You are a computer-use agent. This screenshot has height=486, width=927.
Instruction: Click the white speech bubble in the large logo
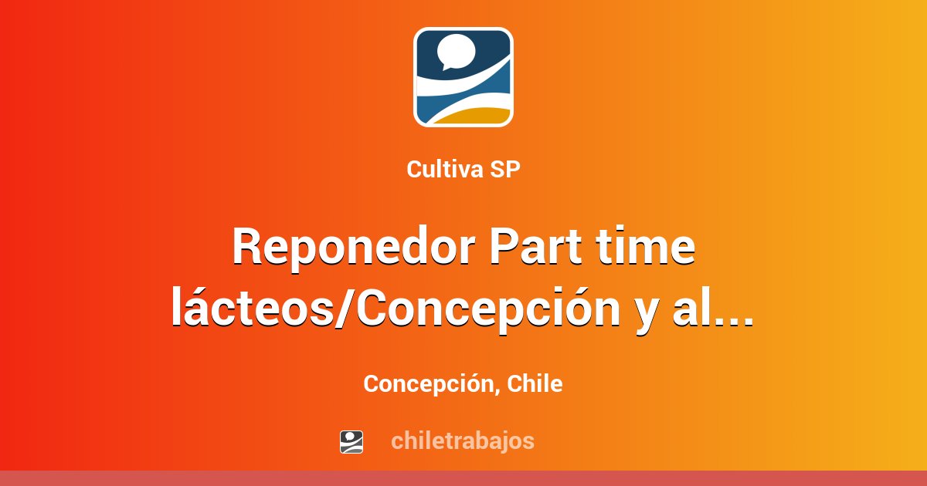tap(457, 51)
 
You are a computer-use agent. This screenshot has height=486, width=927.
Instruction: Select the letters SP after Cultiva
tap(505, 169)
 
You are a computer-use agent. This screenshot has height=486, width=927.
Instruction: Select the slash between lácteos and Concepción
tap(343, 308)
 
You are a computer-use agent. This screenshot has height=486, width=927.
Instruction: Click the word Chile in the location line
tap(535, 383)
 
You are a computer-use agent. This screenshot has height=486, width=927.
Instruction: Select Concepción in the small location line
tap(428, 384)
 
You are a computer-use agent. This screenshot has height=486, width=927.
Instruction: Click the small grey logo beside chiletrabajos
tap(351, 442)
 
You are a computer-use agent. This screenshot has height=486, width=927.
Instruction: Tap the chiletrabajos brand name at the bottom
tap(463, 441)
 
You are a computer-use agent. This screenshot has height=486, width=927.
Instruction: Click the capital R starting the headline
tap(247, 246)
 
